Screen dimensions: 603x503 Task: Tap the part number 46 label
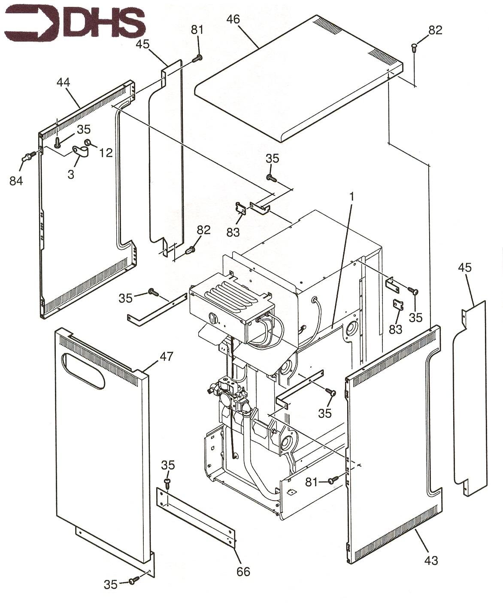coord(234,19)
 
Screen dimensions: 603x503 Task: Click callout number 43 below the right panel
coord(431,559)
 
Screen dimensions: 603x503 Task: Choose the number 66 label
coord(243,571)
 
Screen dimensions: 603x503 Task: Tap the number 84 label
coord(16,180)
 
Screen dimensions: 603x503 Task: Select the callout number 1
coord(352,197)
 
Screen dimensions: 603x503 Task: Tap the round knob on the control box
coord(212,317)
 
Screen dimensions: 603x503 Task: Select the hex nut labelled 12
coord(87,143)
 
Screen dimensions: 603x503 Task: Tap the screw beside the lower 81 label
coord(332,481)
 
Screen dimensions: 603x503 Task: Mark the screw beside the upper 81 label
coord(198,57)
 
